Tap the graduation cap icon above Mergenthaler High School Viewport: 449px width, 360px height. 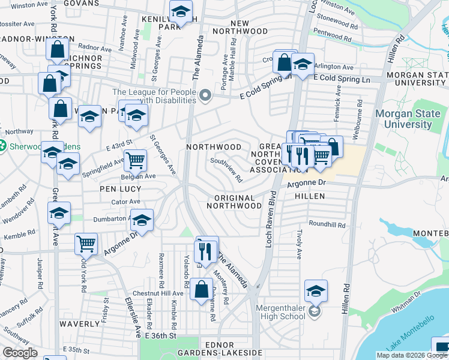pos(316,291)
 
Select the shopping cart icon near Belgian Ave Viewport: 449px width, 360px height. pos(136,161)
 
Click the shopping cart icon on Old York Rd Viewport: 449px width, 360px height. pos(86,244)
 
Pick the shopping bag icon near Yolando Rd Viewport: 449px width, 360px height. pos(201,289)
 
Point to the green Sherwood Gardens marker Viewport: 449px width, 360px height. pos(2,145)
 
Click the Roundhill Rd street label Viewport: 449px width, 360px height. pos(327,225)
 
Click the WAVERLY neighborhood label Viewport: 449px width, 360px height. pos(79,324)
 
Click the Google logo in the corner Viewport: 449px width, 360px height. pos(20,353)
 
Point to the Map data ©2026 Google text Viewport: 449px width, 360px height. pos(412,355)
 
